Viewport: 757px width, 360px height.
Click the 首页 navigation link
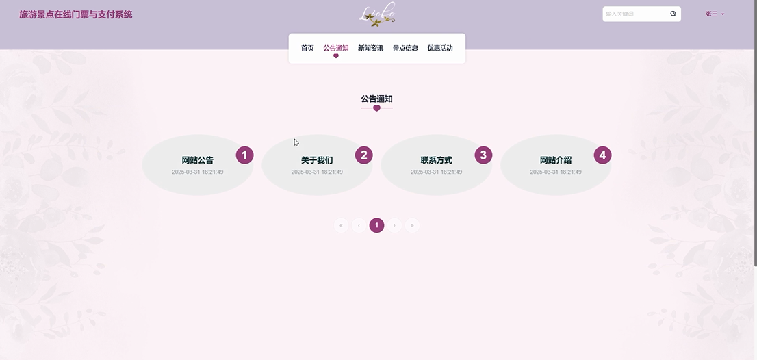(x=307, y=48)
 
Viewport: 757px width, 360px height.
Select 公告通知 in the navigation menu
(x=336, y=48)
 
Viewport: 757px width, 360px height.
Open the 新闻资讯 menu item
(x=370, y=48)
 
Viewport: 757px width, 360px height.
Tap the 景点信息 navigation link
(x=405, y=48)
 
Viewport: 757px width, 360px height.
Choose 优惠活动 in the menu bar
(x=440, y=48)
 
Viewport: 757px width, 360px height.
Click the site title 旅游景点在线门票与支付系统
(x=76, y=14)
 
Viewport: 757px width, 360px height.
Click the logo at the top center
(x=377, y=14)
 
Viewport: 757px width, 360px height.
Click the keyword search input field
(x=634, y=14)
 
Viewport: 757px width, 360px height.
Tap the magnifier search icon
(x=673, y=14)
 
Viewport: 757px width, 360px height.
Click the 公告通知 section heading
(x=376, y=99)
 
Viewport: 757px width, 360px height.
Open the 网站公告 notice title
(x=198, y=160)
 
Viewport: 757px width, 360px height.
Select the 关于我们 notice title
(x=317, y=160)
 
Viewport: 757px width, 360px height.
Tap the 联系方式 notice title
(x=436, y=160)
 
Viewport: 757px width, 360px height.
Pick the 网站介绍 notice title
(x=556, y=160)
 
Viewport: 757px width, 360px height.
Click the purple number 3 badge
(x=483, y=155)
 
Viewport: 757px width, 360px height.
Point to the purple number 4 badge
(x=602, y=155)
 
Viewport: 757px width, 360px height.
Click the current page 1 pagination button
(x=376, y=225)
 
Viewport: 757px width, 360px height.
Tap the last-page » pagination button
(x=412, y=225)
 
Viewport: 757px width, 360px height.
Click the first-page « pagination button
(x=341, y=225)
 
